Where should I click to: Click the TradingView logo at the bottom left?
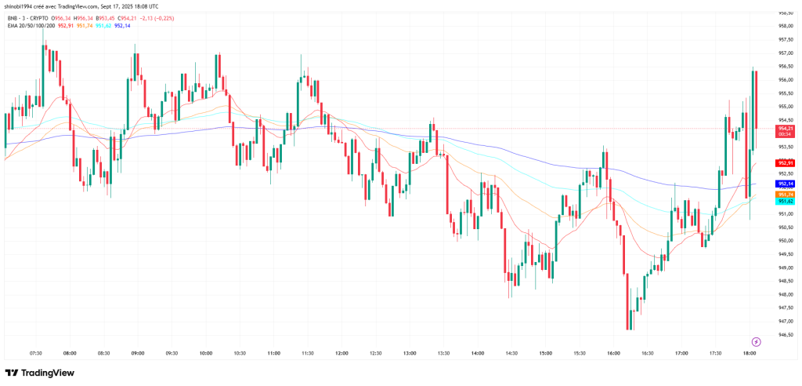click(x=41, y=373)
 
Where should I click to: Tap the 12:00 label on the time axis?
click(x=341, y=354)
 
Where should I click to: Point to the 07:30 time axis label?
click(x=35, y=354)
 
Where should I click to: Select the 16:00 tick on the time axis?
click(x=613, y=354)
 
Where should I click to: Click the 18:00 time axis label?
click(x=750, y=354)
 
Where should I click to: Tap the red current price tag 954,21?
click(x=786, y=128)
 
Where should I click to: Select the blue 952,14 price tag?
click(x=786, y=183)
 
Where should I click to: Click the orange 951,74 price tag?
click(x=786, y=194)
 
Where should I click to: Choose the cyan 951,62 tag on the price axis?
click(x=786, y=202)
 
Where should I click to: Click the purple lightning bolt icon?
click(x=756, y=341)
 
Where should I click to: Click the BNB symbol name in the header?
click(x=12, y=17)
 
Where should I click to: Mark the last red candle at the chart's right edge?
click(x=756, y=99)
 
